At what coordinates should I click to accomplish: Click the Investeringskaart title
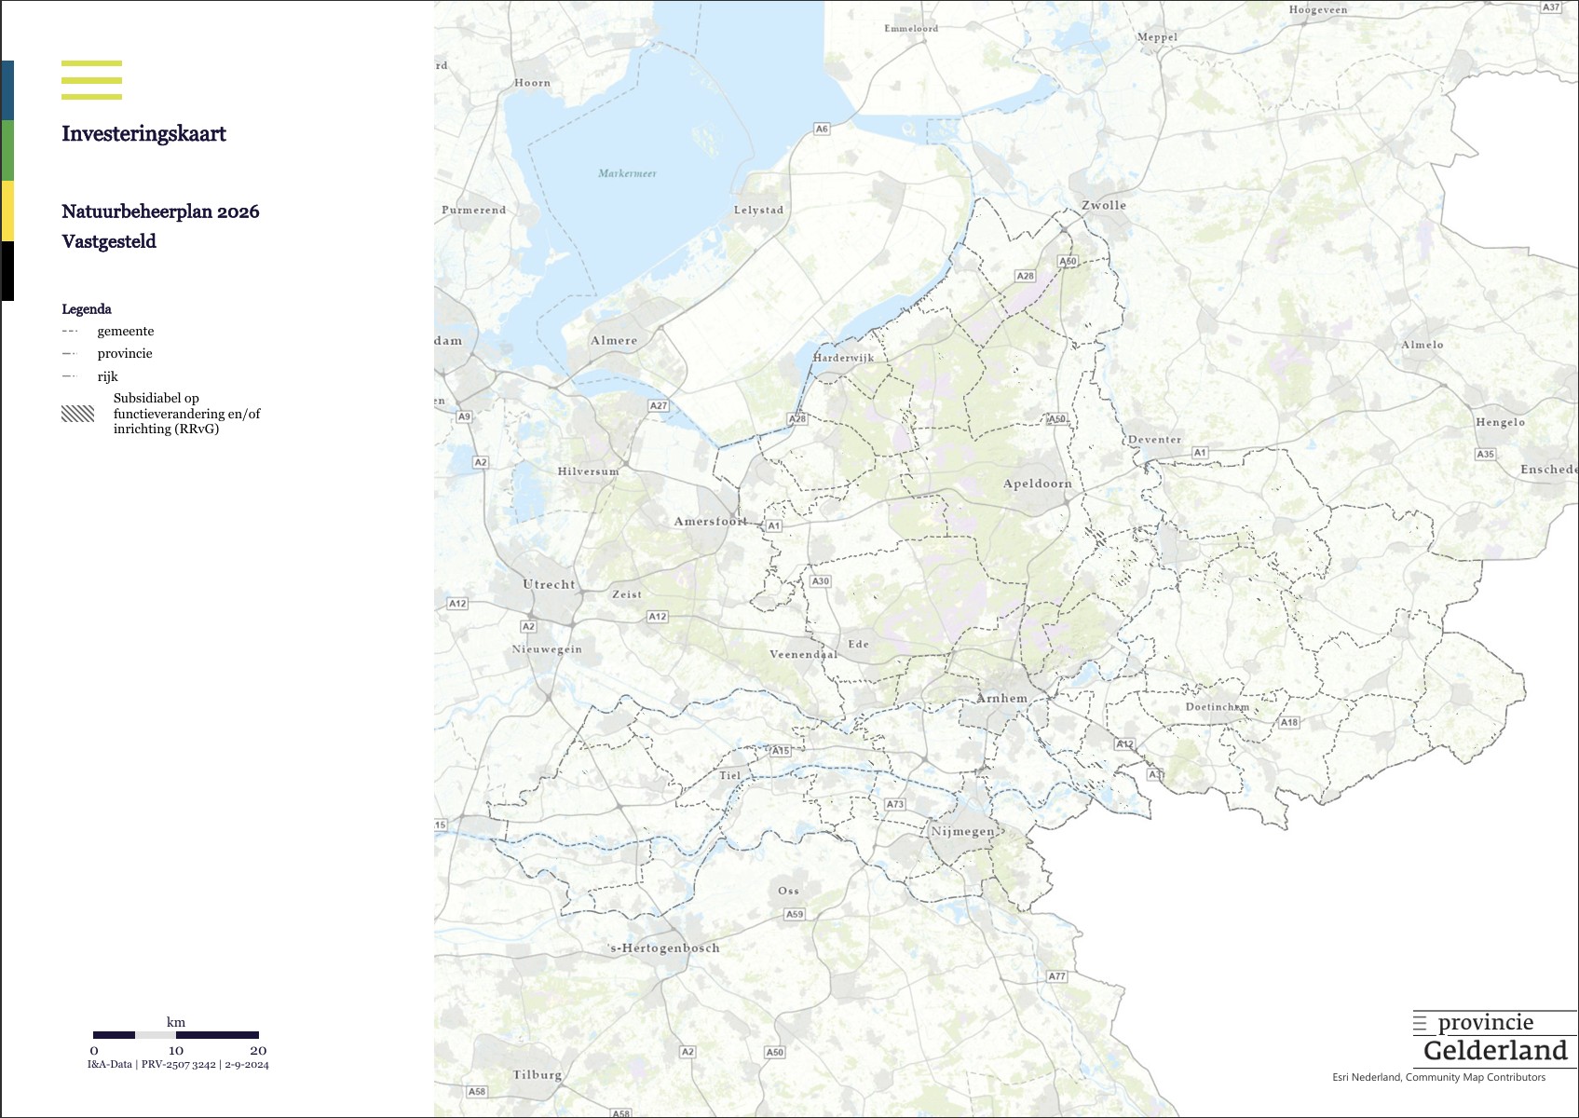pyautogui.click(x=143, y=133)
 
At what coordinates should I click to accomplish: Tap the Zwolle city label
pyautogui.click(x=1103, y=205)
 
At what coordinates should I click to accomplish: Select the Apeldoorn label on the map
pyautogui.click(x=1037, y=484)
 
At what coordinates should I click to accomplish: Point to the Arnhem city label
pyautogui.click(x=1001, y=698)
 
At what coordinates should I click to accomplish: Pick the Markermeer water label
pyautogui.click(x=627, y=173)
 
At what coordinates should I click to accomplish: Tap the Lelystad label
pyautogui.click(x=758, y=210)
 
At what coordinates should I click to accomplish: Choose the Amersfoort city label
pyautogui.click(x=710, y=521)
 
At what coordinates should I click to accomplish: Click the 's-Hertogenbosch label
pyautogui.click(x=664, y=948)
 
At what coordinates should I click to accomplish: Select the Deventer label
pyautogui.click(x=1154, y=440)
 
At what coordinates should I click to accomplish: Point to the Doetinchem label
pyautogui.click(x=1217, y=707)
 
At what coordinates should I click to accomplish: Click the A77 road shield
pyautogui.click(x=1056, y=976)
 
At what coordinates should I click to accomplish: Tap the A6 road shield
pyautogui.click(x=821, y=129)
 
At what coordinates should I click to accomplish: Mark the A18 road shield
pyautogui.click(x=1288, y=722)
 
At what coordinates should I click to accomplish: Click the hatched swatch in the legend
pyautogui.click(x=78, y=414)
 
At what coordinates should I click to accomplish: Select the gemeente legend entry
pyautogui.click(x=125, y=331)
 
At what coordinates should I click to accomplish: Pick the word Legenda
pyautogui.click(x=87, y=309)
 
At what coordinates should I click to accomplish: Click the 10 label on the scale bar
pyautogui.click(x=176, y=1050)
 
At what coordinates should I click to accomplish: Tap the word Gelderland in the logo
pyautogui.click(x=1495, y=1051)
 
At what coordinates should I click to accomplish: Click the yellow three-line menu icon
pyautogui.click(x=91, y=80)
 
